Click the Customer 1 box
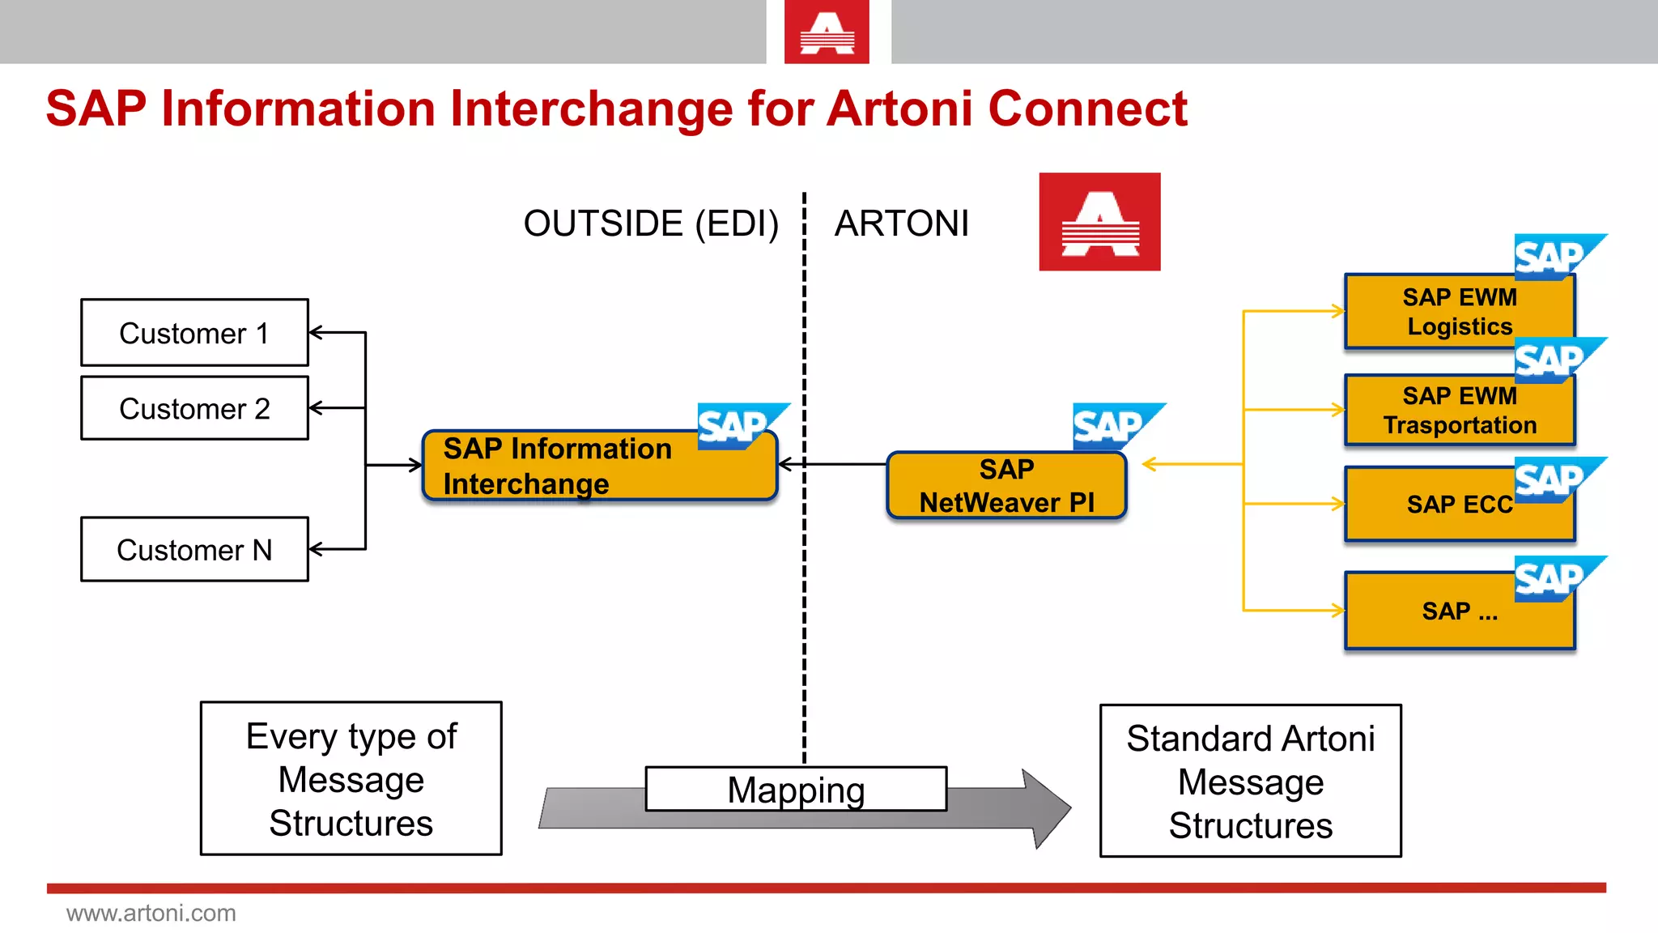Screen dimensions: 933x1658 194,333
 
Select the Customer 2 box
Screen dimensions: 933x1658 194,408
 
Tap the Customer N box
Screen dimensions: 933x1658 194,550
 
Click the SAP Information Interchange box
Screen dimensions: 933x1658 599,466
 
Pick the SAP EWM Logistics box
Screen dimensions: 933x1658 1459,312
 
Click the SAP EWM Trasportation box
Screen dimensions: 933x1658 1459,411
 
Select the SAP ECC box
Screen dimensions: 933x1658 1459,505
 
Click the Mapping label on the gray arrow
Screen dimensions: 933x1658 796,790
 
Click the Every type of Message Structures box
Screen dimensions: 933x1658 351,779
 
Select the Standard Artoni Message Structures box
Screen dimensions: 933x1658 1250,782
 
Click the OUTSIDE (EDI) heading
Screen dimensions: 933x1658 651,224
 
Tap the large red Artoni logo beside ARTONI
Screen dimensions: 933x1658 1099,222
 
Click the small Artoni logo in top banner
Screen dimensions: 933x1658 827,32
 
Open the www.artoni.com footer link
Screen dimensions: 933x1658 151,914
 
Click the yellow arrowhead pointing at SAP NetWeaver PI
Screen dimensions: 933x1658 1150,465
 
